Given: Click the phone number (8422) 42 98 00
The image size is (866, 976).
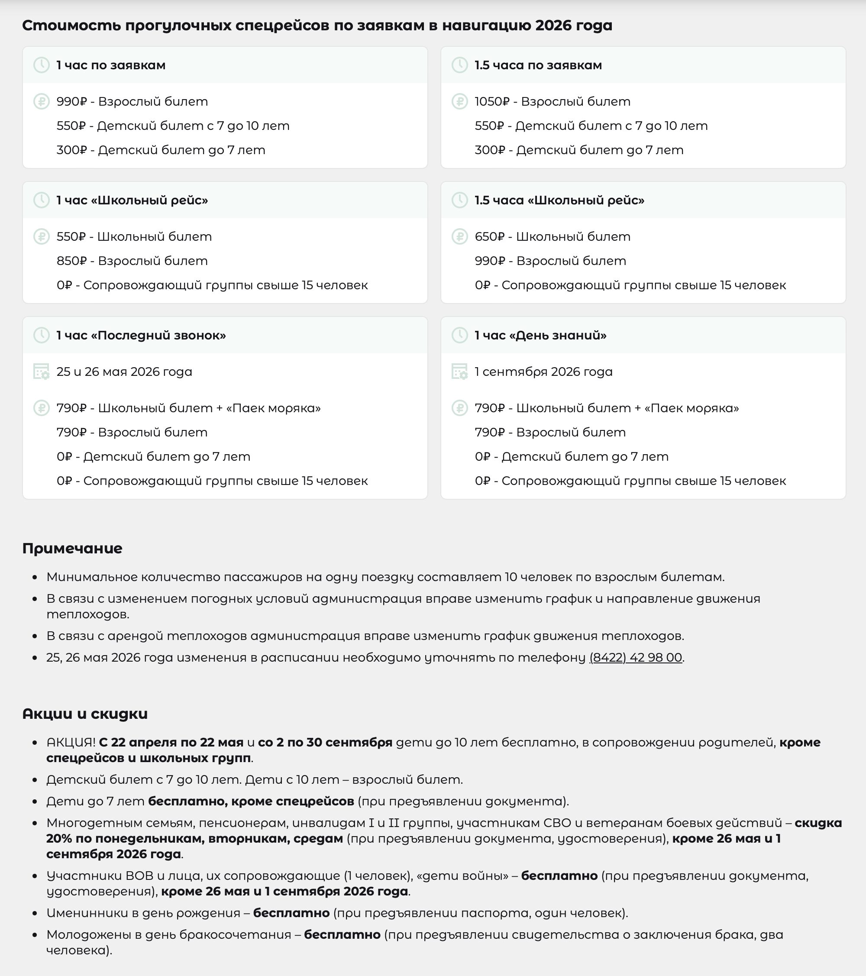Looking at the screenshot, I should (x=635, y=657).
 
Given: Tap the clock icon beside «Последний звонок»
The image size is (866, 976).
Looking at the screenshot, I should (x=42, y=335).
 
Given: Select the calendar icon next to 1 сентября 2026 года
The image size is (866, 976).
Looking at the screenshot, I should (x=459, y=372).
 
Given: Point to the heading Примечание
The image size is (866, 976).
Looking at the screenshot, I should (x=72, y=548).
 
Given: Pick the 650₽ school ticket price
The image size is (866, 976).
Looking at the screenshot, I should (x=489, y=237).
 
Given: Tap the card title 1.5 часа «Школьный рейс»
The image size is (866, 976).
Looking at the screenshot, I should (x=559, y=200).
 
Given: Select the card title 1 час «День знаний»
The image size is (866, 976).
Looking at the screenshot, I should (x=540, y=335).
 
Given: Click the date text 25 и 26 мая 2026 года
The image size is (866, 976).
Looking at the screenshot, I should (x=124, y=372).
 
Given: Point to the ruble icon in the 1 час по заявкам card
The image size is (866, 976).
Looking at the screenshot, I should (x=42, y=102).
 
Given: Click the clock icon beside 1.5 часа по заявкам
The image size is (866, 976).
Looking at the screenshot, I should (x=459, y=65).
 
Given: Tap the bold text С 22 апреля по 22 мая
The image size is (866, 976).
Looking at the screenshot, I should (x=171, y=743).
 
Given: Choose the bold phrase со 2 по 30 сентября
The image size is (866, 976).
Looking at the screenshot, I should (x=325, y=743).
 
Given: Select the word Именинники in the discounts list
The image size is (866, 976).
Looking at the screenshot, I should (x=84, y=913).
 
